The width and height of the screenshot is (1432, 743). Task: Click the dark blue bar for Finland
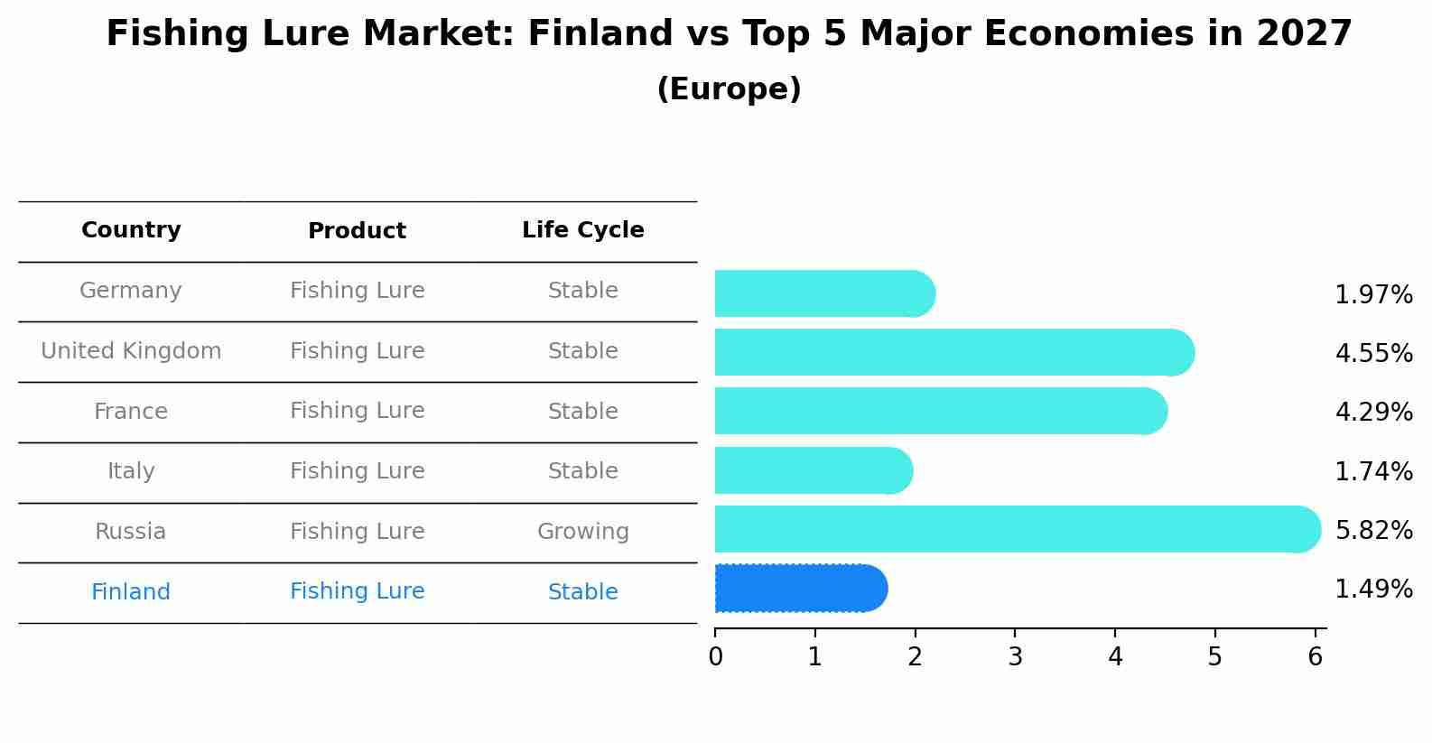[801, 589]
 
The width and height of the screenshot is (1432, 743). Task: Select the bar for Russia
[1018, 529]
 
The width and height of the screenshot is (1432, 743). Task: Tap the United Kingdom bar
[954, 352]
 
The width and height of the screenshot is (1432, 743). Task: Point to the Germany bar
[825, 293]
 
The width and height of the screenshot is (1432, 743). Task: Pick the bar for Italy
[814, 470]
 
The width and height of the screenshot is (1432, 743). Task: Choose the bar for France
[941, 411]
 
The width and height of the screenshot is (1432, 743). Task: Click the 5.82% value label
[1374, 530]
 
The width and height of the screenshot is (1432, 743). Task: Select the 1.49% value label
[1374, 589]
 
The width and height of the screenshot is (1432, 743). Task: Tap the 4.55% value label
[1374, 353]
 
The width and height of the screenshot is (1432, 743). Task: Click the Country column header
[131, 229]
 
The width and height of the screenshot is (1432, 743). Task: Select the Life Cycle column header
[583, 229]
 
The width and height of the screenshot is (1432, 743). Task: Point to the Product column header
[357, 230]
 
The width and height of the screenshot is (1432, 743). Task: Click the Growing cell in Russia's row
[583, 532]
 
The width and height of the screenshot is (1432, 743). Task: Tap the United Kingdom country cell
[131, 350]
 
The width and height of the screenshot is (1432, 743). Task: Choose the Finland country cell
[131, 591]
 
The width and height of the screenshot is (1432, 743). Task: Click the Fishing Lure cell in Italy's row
[358, 470]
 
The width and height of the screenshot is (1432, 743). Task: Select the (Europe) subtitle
[729, 88]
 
